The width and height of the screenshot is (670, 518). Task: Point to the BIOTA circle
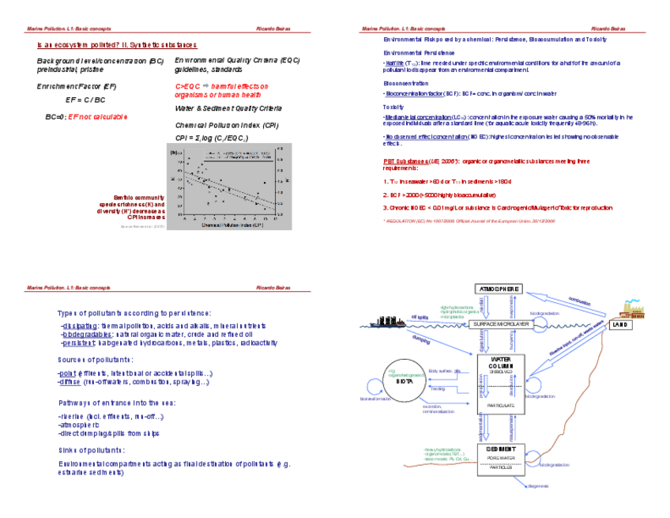[x=405, y=380]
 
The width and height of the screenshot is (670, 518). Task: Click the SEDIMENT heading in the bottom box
[x=500, y=449]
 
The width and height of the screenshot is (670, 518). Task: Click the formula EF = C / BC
[x=85, y=100]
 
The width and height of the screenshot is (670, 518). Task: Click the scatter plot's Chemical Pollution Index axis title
[x=232, y=224]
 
